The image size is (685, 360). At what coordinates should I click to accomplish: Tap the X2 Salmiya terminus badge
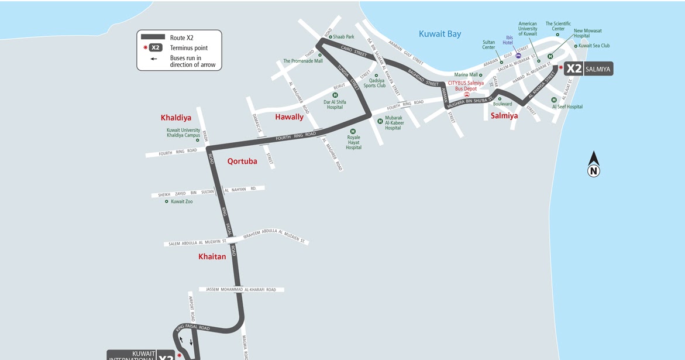tap(588, 69)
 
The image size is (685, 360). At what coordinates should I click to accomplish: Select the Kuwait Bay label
tap(440, 34)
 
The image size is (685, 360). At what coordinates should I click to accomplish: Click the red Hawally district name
tap(290, 117)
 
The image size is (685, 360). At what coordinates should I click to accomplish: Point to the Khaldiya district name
tap(176, 118)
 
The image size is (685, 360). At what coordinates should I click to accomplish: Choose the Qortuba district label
tap(242, 161)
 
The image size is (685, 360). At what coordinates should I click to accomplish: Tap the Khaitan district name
tap(212, 256)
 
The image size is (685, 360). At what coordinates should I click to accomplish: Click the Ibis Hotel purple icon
tap(518, 56)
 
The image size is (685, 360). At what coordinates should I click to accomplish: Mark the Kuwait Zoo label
tap(181, 201)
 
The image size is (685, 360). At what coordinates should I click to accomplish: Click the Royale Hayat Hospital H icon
tap(353, 132)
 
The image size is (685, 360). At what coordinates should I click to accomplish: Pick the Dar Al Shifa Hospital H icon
tap(335, 95)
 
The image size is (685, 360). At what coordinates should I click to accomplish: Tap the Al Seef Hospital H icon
tap(554, 100)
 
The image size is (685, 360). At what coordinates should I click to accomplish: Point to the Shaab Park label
tap(343, 37)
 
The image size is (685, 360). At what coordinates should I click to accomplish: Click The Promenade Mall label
tap(302, 61)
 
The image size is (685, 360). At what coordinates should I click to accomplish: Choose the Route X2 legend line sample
tap(153, 37)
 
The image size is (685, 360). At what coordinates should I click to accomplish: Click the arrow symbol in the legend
tap(153, 59)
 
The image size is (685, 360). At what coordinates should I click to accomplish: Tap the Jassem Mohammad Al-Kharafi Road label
tap(241, 289)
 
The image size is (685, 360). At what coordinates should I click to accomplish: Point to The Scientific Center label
tap(558, 26)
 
